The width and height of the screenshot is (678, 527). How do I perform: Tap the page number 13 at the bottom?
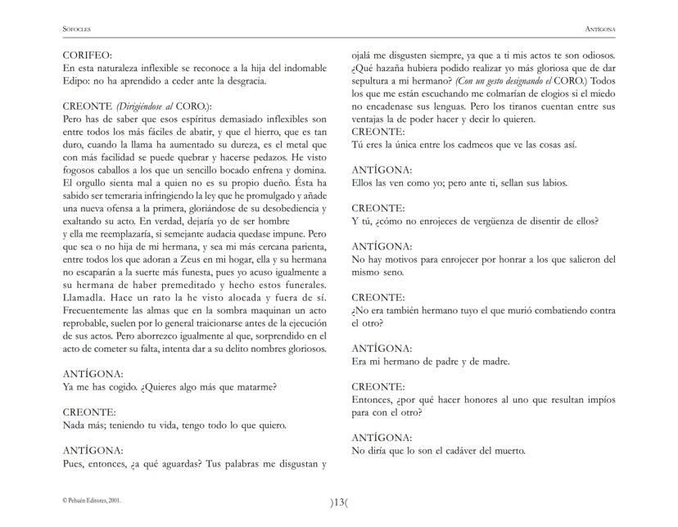(x=339, y=502)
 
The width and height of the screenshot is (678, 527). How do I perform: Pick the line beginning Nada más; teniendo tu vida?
(x=174, y=426)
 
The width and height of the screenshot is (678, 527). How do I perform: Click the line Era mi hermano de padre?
(x=431, y=361)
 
